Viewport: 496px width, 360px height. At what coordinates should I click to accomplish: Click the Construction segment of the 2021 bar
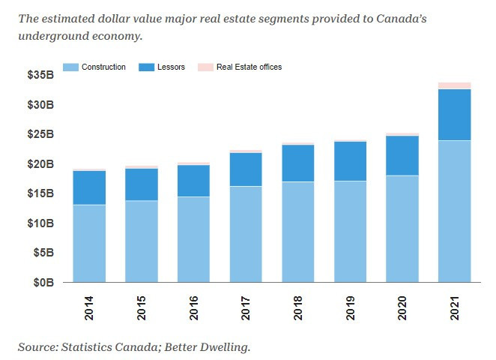454,211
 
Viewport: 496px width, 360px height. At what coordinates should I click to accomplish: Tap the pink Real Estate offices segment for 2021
454,85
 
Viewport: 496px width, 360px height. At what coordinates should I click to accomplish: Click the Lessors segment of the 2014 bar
89,187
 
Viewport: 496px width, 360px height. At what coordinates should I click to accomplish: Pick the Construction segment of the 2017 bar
246,234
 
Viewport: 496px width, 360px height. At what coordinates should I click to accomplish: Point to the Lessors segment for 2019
350,160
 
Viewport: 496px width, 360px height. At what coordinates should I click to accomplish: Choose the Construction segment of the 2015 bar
142,241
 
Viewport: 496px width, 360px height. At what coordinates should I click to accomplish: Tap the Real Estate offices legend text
249,67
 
